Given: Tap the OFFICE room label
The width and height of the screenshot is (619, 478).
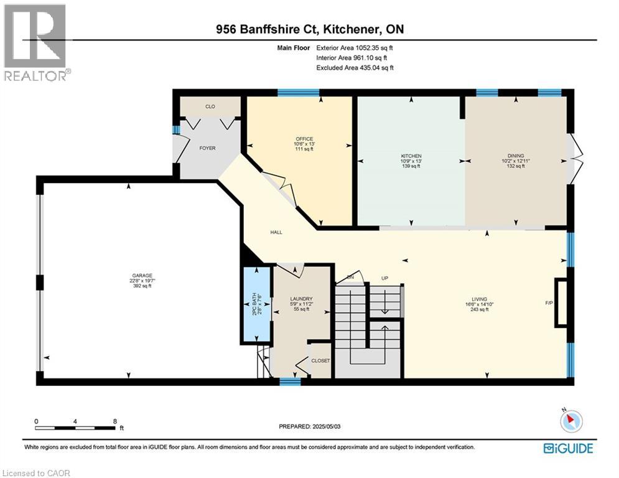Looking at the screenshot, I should [x=304, y=139].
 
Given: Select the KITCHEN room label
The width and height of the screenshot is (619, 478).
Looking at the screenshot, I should [x=411, y=156].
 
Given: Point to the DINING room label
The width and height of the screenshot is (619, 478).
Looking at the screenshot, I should [x=515, y=156].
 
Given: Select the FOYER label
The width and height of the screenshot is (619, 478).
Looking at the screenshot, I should [x=207, y=148].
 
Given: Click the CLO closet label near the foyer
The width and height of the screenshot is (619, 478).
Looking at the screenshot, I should [x=210, y=107].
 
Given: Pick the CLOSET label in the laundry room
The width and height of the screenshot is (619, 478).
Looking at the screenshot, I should [x=320, y=360].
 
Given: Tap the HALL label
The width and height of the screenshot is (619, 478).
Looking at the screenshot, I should [x=276, y=232].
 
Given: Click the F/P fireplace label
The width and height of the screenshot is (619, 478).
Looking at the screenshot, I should [x=549, y=303].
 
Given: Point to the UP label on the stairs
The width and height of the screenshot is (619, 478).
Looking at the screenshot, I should [x=384, y=278].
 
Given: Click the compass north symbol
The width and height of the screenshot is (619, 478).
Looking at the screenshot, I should [x=570, y=421].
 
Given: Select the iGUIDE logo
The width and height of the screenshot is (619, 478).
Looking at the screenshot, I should [x=568, y=448].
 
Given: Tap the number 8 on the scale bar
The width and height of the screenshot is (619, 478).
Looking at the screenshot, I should [x=114, y=421].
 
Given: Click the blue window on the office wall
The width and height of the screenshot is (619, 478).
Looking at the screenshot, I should [x=298, y=93].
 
